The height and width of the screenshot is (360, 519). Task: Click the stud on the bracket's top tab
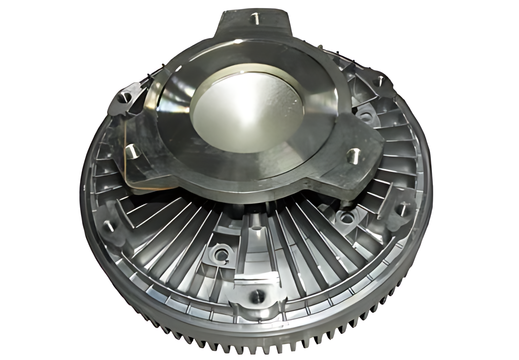(255, 19)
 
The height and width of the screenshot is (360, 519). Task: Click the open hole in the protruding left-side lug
(126, 98)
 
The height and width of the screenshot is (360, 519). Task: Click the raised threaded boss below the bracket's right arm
(345, 218)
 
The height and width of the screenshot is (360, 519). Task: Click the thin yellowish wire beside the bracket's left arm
(126, 165)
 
